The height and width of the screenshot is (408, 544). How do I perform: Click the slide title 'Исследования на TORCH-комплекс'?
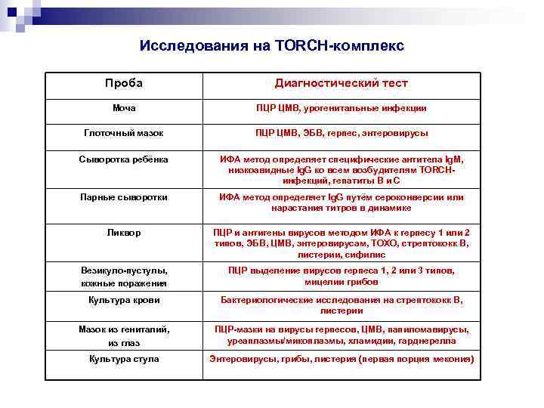pos(272,46)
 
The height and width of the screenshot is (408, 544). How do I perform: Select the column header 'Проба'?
pos(124,83)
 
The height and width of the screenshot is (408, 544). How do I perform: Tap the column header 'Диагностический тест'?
pos(341,83)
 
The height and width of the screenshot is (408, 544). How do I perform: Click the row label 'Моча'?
pos(124,109)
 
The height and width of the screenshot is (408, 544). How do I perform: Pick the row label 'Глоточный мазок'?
pos(124,133)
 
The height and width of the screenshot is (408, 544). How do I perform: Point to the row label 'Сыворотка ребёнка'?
pos(124,159)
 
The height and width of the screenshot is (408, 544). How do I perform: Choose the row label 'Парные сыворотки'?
pos(124,197)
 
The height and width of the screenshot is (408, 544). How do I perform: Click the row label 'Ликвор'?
pos(124,233)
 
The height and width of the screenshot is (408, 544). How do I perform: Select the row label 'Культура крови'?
pos(124,300)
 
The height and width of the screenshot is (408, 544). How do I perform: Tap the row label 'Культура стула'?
pos(124,359)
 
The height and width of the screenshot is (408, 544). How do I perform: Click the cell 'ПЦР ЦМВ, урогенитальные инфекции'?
pos(341,109)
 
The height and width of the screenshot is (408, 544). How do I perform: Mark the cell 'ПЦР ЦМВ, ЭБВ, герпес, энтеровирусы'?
pos(341,133)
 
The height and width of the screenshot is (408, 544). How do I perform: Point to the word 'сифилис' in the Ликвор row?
pos(368,255)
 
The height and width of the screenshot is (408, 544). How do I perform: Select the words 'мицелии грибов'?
pos(341,282)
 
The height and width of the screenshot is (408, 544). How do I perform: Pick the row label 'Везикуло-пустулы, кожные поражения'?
pos(124,277)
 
